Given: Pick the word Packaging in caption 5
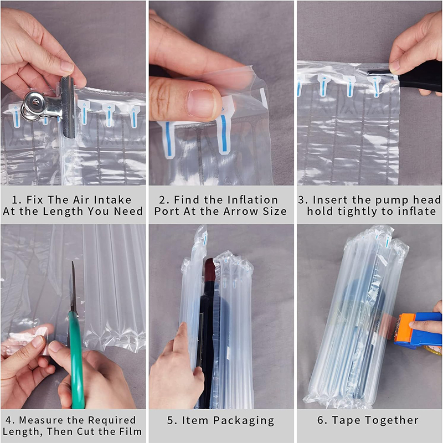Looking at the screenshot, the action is tap(244, 420).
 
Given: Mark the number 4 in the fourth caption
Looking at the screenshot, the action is tap(8, 420).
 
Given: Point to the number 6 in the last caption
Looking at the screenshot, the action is tap(321, 420).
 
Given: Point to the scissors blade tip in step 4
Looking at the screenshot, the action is tap(73, 261).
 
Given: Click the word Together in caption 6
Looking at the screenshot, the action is tap(389, 420).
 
